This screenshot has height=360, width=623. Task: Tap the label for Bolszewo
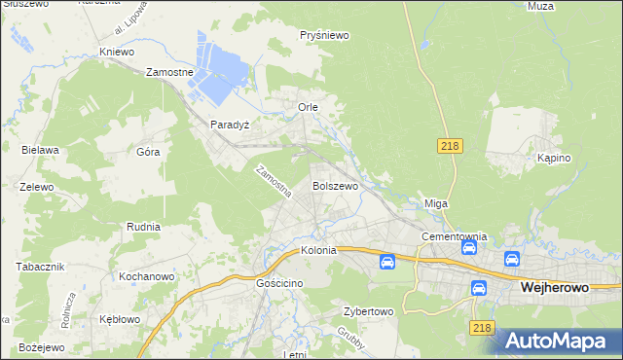(336, 185)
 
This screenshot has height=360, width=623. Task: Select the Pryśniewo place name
(325, 35)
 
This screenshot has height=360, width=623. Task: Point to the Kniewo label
(117, 52)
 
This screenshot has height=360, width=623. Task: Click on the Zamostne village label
(170, 72)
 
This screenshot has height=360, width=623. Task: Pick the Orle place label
(308, 106)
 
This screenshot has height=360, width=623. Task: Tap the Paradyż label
(231, 126)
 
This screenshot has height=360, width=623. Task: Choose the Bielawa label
(41, 150)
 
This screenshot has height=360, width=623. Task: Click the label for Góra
(148, 152)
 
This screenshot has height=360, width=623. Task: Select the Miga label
(435, 203)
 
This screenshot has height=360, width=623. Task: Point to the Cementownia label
(454, 236)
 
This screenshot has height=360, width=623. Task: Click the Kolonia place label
(318, 250)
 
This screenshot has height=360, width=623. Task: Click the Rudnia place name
(143, 226)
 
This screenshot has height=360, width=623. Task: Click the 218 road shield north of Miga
(449, 145)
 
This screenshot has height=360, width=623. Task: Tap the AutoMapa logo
(562, 341)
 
